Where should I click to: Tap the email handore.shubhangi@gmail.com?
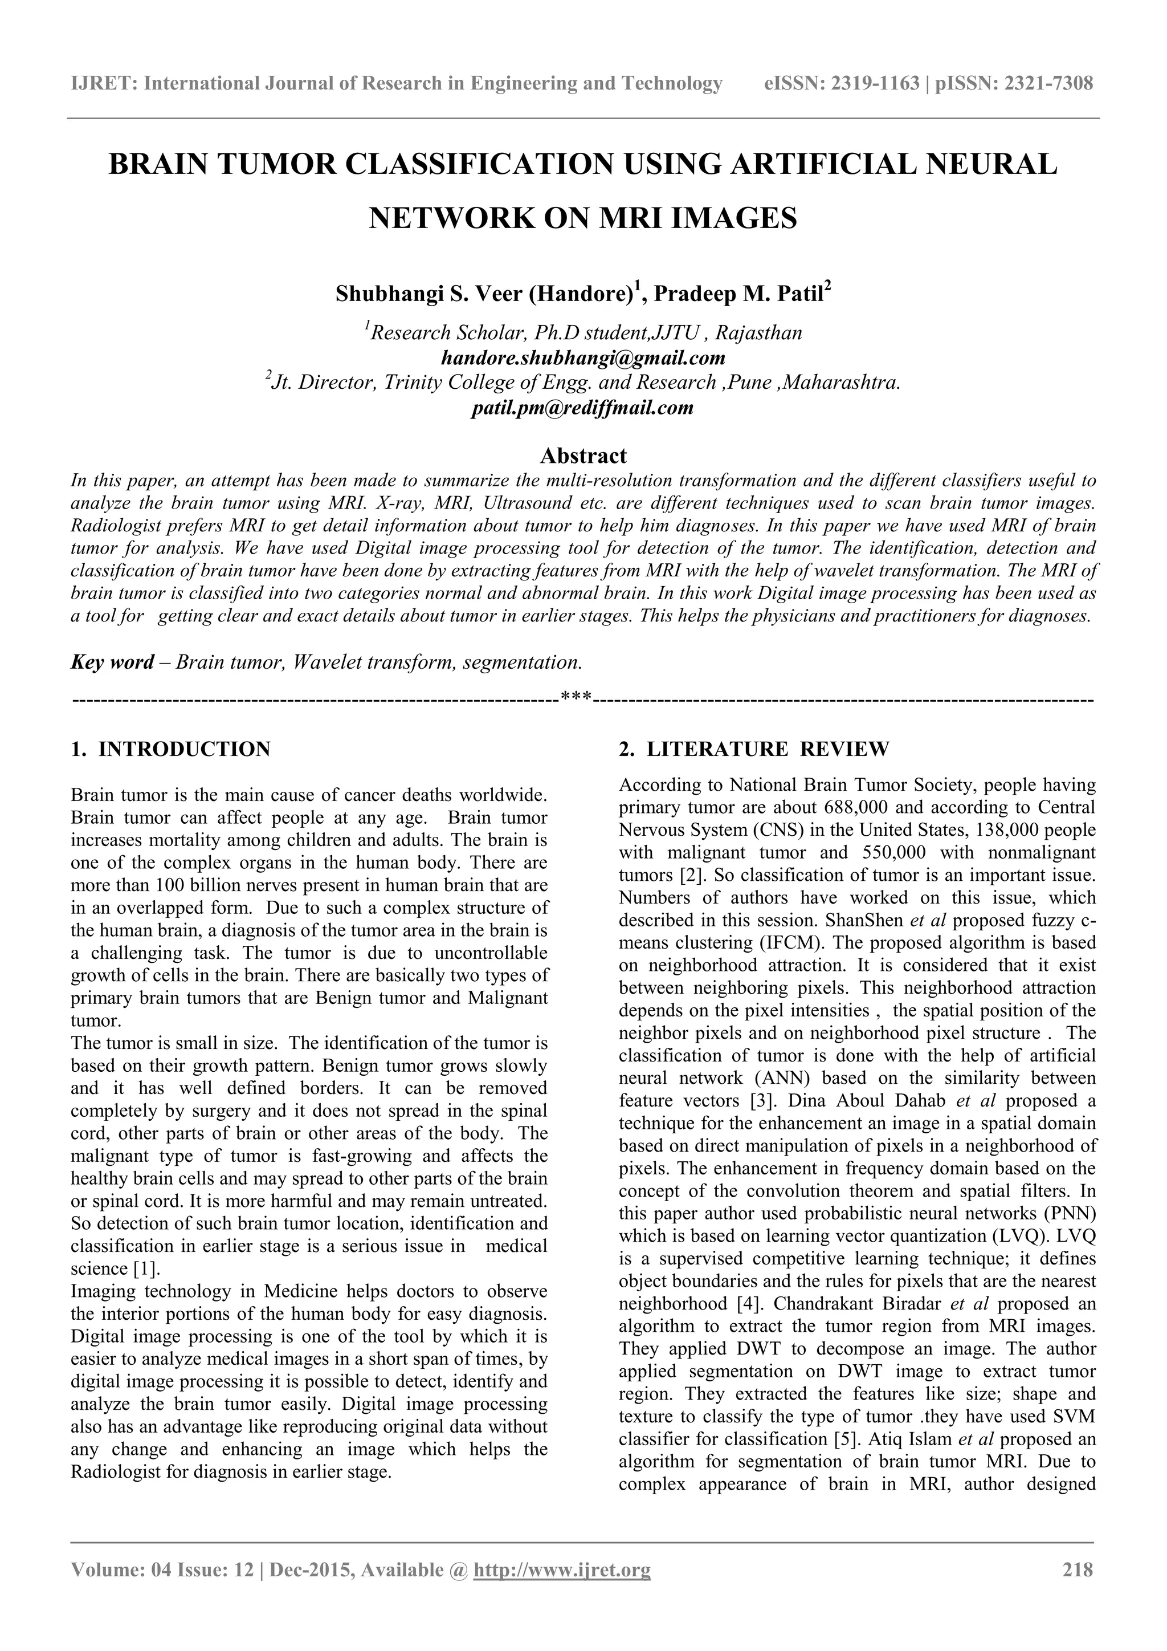point(583,357)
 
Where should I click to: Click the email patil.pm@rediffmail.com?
point(583,408)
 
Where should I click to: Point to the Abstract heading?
point(583,455)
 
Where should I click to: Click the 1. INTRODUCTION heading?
point(171,749)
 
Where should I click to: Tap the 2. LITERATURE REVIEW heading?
point(754,749)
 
